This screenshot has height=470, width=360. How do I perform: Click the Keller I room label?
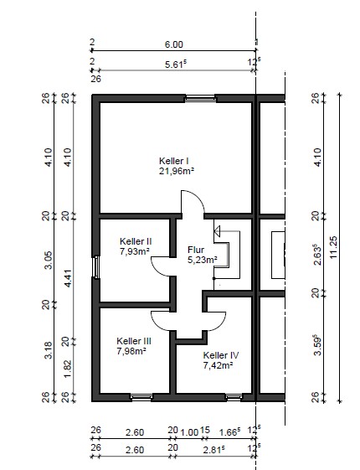(173, 161)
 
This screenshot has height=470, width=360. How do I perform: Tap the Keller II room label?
(136, 241)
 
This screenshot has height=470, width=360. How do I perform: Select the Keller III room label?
(134, 341)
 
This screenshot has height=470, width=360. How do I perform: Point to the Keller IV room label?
(221, 355)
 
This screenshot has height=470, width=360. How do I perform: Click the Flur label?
(196, 250)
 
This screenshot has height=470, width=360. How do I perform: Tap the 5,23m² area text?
(203, 260)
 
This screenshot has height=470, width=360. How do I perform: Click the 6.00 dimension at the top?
(173, 44)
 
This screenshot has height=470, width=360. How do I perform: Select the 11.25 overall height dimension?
(333, 247)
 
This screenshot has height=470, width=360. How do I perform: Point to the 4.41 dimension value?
(68, 278)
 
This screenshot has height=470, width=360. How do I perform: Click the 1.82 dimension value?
(68, 369)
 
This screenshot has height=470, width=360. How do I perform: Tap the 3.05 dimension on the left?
(48, 260)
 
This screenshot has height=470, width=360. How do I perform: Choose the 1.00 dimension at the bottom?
(189, 432)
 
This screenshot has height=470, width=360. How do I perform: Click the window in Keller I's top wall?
(200, 98)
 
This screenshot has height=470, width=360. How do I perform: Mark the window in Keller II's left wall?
(95, 266)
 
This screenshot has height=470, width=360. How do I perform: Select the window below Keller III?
(141, 397)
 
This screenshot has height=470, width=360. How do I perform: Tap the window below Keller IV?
(234, 397)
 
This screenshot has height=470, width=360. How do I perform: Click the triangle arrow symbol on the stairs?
(217, 231)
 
